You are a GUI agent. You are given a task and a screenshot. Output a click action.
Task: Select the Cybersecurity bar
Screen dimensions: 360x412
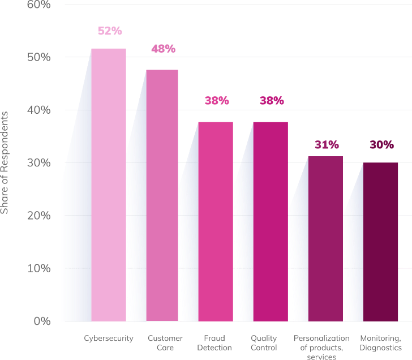pos(109,185)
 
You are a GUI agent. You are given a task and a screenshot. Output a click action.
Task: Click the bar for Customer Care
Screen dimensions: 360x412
pos(162,195)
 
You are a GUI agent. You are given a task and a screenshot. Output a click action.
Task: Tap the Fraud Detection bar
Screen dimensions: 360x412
pos(215,221)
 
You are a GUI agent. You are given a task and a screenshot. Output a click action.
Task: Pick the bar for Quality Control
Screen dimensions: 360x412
pos(270,221)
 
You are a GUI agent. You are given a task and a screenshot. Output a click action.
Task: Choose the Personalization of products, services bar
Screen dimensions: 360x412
pos(325,238)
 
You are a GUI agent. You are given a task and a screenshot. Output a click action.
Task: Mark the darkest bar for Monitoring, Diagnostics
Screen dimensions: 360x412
pos(380,242)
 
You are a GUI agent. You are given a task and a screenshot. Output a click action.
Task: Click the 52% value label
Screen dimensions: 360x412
pos(110,31)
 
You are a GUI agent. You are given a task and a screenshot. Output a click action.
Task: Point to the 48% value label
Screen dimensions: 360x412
pos(163,49)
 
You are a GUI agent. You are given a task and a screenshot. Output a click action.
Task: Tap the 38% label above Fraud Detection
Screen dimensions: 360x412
pos(217,101)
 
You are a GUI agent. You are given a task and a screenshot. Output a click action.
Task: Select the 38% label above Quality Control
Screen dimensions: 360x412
pos(272,101)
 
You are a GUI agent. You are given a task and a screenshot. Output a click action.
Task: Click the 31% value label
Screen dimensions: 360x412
pos(327,145)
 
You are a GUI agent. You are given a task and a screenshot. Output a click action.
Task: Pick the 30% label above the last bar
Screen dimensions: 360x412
pos(381,145)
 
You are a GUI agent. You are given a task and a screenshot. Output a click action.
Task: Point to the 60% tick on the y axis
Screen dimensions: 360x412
pos(38,5)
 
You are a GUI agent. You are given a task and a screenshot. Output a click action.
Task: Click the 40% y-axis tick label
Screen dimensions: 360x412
pos(38,110)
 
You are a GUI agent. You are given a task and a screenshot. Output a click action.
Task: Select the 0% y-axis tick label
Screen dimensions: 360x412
pos(41,321)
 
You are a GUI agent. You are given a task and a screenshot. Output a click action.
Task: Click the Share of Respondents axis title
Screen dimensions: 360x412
pos(5,162)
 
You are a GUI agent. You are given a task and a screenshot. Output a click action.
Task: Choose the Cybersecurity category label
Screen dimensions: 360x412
pos(109,338)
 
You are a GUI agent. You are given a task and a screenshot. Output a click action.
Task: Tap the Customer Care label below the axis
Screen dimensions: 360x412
pos(165,343)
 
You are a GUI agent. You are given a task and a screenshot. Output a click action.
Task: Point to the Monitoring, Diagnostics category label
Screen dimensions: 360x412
pos(381,343)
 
